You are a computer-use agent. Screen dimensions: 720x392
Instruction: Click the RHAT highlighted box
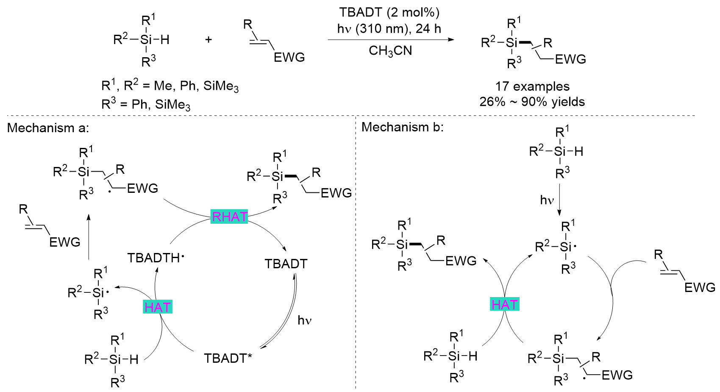pos(229,217)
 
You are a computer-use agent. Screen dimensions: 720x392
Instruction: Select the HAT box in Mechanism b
pos(505,304)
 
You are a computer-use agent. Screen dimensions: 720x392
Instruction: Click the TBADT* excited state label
pos(228,358)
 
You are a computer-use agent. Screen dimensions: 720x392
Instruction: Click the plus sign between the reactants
pos(208,39)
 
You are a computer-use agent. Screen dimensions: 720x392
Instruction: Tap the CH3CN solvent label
pos(390,51)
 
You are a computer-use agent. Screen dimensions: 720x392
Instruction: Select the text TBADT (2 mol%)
pos(389,12)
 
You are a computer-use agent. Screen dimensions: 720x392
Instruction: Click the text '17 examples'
pos(532,86)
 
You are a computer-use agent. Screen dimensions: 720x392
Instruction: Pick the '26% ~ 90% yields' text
pos(532,102)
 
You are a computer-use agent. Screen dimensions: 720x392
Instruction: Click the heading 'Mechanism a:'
pos(48,128)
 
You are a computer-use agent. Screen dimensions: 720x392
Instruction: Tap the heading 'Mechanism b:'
pos(403,127)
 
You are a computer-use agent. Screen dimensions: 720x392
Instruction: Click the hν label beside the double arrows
pos(305,320)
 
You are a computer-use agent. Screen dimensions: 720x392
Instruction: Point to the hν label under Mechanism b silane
pos(547,200)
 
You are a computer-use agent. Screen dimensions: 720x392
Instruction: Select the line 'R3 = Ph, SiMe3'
pos(146,104)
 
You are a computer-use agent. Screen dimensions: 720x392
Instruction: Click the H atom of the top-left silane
pos(164,40)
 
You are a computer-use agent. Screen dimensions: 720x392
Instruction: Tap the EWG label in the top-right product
pos(570,59)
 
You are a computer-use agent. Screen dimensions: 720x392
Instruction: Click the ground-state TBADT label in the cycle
pos(286,264)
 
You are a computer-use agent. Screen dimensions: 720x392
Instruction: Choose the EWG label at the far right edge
pos(700,287)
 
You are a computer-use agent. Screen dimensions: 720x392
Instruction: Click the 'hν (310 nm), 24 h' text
pos(389,29)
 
